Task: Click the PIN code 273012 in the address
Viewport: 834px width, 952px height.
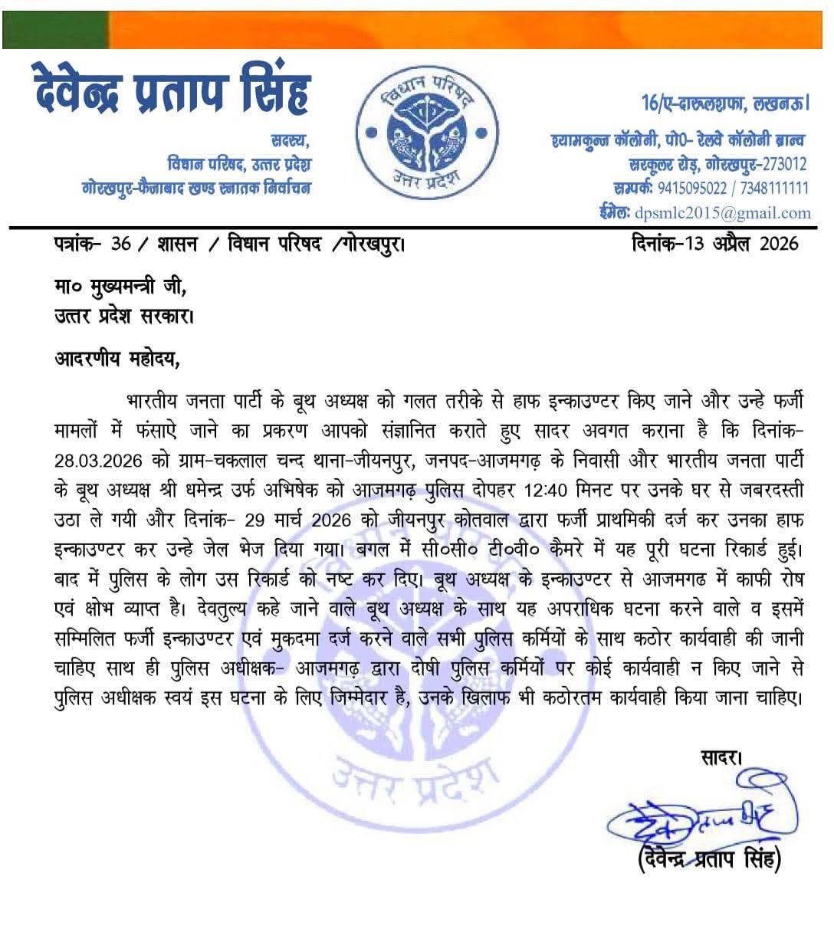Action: pos(780,163)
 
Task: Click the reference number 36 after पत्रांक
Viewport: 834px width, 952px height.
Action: pos(121,245)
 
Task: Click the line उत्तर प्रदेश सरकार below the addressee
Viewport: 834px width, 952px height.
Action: pos(123,315)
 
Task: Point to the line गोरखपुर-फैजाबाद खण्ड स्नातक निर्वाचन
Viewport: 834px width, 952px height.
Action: pos(196,188)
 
